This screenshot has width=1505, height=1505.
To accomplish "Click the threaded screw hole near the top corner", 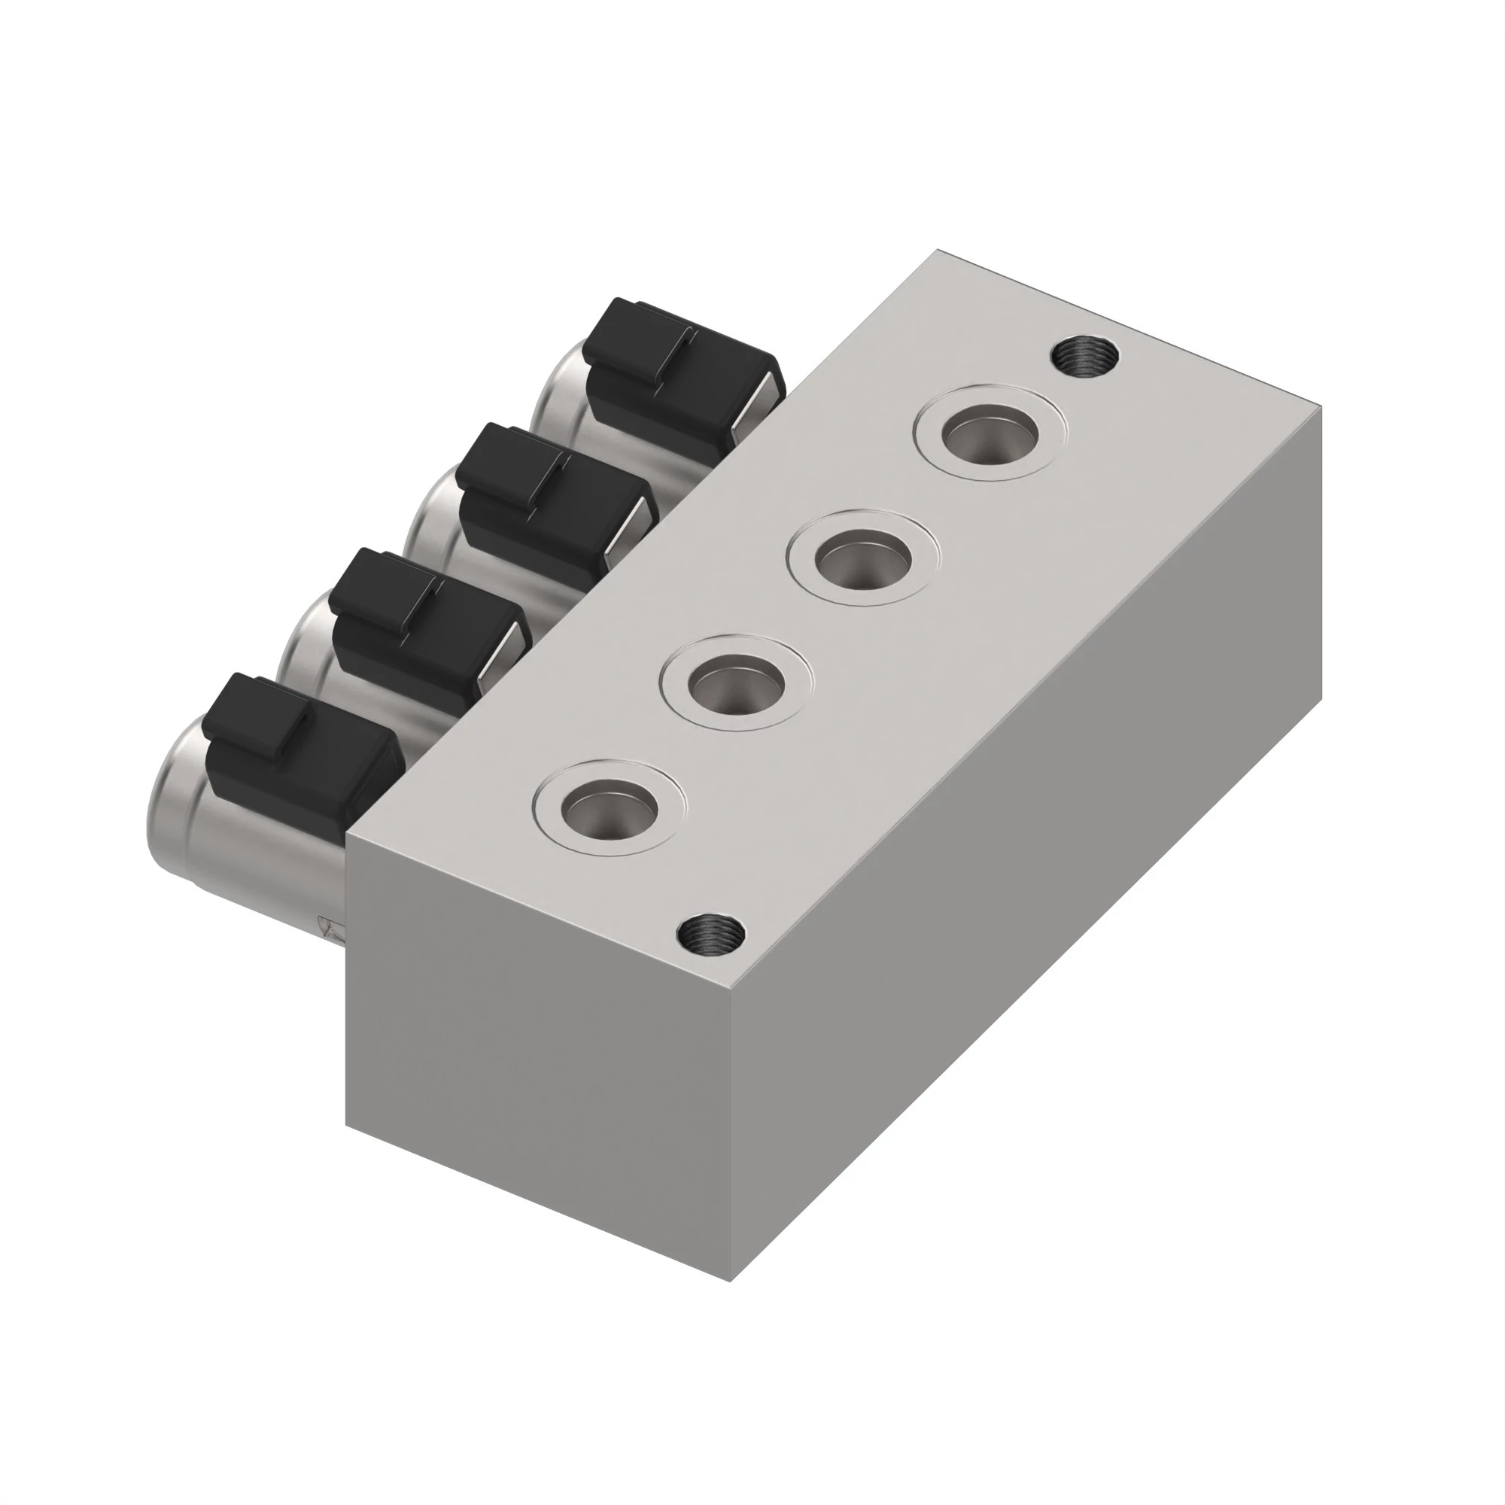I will coord(1084,357).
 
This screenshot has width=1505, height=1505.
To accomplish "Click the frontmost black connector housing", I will coord(296,744).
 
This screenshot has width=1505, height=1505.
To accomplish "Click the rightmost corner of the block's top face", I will coord(1321,406).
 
